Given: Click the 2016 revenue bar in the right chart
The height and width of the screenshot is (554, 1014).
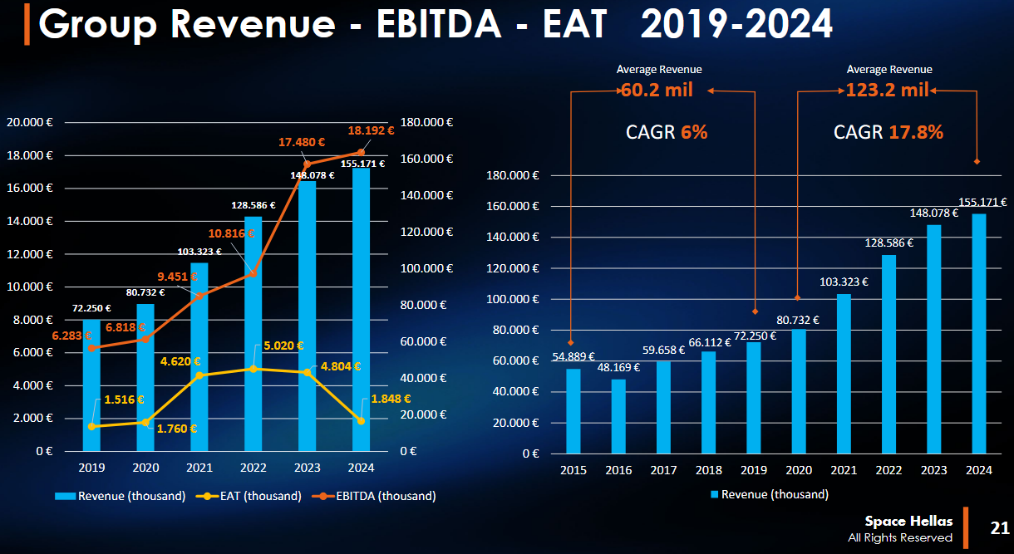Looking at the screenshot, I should (618, 416).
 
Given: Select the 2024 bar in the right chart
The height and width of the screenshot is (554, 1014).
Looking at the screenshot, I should (978, 333).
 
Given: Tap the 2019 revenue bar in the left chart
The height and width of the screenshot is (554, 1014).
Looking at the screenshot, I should (91, 386).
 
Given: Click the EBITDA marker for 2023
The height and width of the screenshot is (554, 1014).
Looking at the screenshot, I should (308, 164).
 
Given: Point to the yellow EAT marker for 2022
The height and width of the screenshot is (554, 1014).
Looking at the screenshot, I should (253, 368).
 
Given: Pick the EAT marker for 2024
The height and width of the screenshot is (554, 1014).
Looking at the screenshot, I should (361, 421).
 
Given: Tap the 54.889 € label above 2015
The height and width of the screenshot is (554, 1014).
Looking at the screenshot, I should (573, 357).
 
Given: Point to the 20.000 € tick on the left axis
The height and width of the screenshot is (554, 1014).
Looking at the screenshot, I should (30, 122).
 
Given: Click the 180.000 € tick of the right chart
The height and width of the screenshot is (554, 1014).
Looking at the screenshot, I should (512, 175).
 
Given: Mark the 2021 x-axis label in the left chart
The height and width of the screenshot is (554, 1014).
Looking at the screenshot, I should (199, 467).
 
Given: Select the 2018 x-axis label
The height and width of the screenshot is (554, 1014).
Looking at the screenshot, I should (708, 470).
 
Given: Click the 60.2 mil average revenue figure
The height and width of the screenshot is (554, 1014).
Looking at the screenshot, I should (657, 91).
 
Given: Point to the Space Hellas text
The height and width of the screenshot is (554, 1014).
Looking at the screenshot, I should (908, 521).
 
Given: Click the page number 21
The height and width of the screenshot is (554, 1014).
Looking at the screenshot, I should (999, 528).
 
